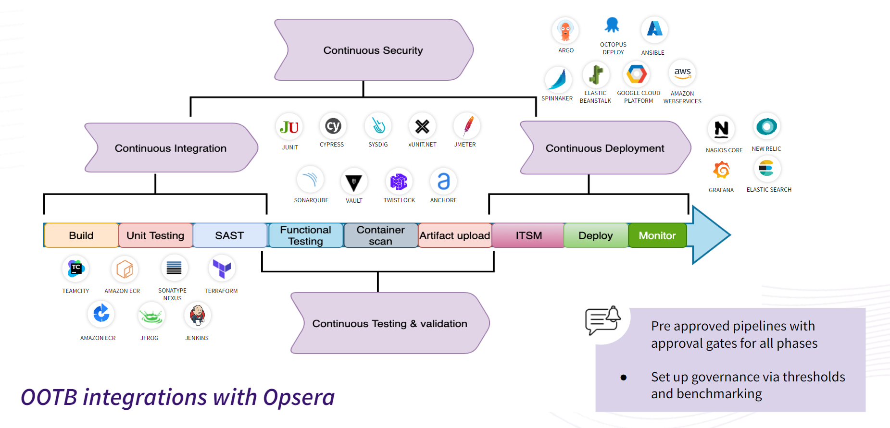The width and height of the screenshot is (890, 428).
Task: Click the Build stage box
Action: click(81, 235)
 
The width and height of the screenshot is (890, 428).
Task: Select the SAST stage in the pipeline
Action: click(230, 235)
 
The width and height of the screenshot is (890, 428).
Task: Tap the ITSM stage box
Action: click(528, 235)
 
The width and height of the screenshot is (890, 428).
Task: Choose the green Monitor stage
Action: click(657, 235)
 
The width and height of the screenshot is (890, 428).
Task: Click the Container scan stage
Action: click(380, 235)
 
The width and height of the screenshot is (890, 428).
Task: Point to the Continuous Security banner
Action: click(373, 50)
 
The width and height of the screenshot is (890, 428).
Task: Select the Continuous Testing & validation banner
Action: click(389, 323)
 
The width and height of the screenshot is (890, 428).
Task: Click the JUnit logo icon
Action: click(289, 127)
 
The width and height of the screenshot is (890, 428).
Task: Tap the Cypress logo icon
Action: click(333, 126)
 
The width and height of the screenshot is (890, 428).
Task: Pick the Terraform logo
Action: click(222, 269)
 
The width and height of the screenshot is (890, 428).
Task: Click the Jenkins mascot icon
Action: click(197, 315)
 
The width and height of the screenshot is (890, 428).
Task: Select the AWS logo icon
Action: click(682, 73)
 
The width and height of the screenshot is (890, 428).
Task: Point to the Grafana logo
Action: click(721, 170)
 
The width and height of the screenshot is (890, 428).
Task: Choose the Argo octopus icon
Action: click(565, 31)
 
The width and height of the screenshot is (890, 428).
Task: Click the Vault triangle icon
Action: click(354, 182)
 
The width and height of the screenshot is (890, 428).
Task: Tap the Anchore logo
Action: click(443, 181)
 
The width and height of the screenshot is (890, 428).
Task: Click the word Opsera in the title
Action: click(299, 397)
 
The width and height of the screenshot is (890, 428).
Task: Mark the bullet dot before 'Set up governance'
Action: click(624, 378)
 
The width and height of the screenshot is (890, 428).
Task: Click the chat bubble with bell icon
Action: click(602, 320)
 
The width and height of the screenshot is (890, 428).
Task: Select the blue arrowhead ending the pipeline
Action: click(711, 235)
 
